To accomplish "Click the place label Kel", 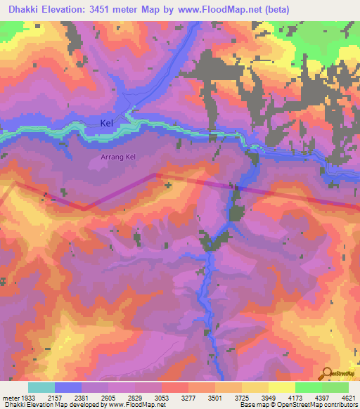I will click(x=106, y=123).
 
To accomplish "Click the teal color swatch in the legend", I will click(x=41, y=387).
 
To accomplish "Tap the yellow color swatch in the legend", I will click(x=281, y=387).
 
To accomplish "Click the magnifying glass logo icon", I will click(x=328, y=372).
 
